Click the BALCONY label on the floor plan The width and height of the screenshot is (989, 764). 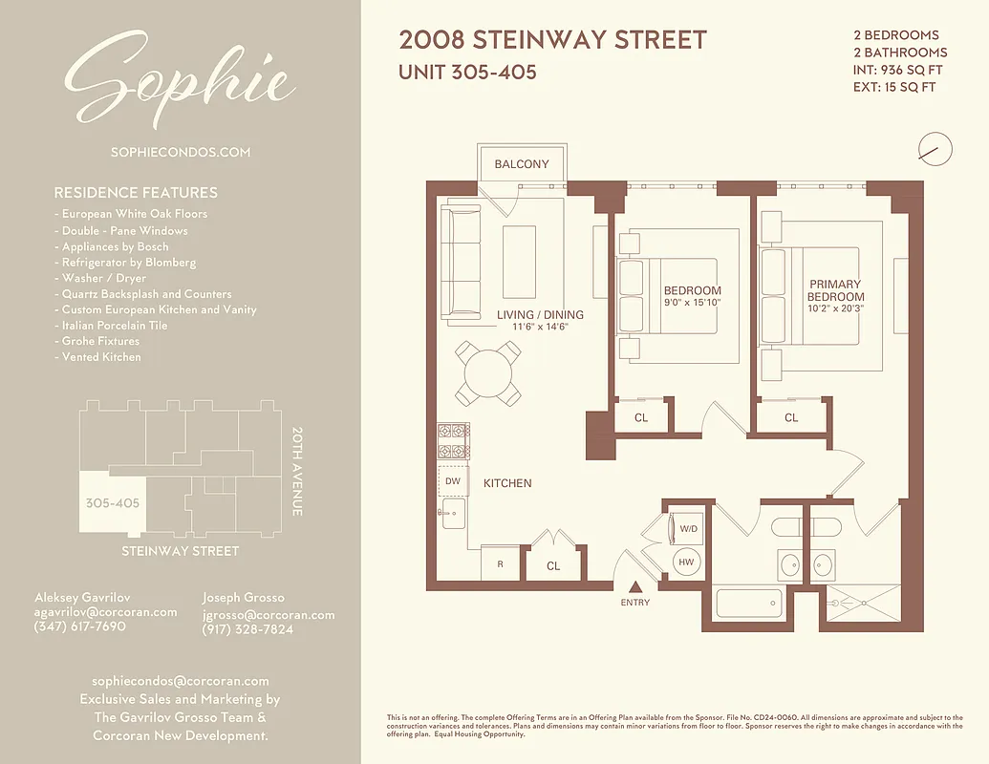(522, 164)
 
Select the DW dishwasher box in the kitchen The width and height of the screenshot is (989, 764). (452, 481)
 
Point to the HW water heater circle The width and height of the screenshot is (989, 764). (686, 562)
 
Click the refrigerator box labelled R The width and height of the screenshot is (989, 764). (500, 564)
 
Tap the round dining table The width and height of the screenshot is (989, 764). (488, 372)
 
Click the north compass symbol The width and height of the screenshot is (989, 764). (935, 149)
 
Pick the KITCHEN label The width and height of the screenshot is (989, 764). (507, 483)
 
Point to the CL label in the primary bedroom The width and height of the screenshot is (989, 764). (791, 417)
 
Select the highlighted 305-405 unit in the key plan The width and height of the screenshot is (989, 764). (112, 502)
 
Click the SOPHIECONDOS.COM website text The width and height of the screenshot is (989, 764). (181, 152)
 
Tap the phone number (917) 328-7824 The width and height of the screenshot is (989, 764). (247, 629)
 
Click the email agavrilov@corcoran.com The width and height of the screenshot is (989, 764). (105, 612)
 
